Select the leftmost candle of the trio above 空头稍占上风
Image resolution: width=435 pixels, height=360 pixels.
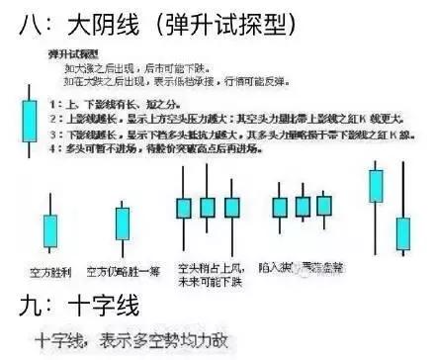[183, 208]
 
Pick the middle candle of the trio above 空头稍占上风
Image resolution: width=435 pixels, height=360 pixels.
[207, 208]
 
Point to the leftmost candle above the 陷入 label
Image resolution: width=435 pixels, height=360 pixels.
[280, 207]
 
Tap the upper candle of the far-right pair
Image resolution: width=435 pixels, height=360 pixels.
[376, 183]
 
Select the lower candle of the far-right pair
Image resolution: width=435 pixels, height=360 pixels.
[402, 232]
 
